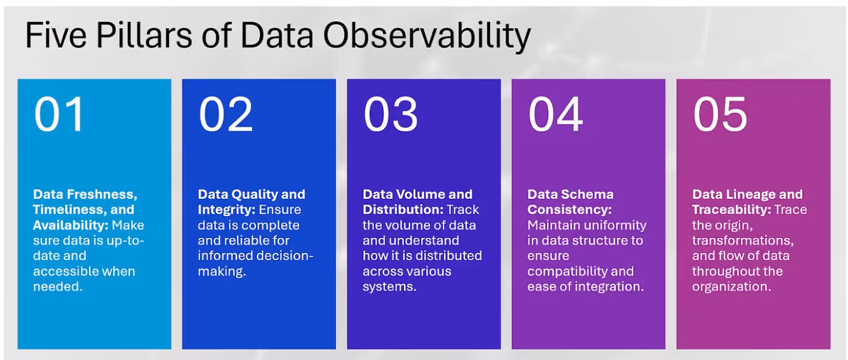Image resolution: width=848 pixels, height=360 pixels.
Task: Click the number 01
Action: tap(59, 115)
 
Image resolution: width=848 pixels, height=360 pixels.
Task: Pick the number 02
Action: tap(225, 115)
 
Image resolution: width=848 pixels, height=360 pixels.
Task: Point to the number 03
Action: tap(390, 115)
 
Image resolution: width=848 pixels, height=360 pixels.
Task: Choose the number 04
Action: tap(555, 115)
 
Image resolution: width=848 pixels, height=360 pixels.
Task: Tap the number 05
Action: tap(720, 115)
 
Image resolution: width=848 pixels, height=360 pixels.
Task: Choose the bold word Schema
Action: tap(587, 195)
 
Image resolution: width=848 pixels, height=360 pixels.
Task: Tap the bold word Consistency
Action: tap(569, 209)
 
